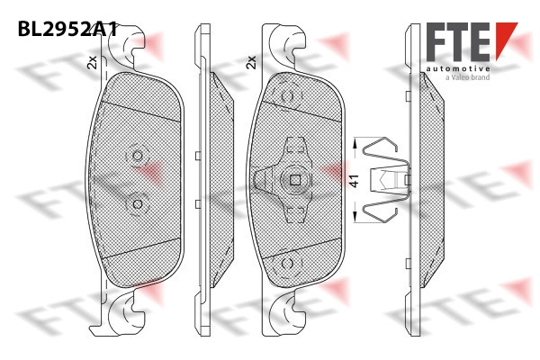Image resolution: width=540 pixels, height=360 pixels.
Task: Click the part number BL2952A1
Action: coord(67,29)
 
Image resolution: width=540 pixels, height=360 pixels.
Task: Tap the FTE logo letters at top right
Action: coord(458,42)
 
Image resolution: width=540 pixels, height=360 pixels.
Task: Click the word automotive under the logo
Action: coord(458,69)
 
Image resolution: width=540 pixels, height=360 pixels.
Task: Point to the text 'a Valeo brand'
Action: coord(468,77)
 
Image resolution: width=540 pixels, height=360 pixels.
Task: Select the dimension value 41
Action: coord(355,181)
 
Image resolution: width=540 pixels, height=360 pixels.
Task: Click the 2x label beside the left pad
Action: coord(93,62)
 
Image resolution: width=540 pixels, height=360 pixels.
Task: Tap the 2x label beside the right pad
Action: coord(251,62)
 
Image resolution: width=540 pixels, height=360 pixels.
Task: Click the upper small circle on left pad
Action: coord(138,156)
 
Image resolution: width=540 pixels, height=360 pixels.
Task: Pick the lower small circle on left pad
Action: coord(138,204)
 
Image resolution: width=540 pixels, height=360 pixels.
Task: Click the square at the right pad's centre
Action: coord(295,180)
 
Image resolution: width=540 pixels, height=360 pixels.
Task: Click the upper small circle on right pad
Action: coord(287,96)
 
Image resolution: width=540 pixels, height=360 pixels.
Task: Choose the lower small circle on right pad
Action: coord(287,264)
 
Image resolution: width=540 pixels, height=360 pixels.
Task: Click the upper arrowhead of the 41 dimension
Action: coord(355,144)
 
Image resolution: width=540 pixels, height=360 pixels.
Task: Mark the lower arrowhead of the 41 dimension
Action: coord(355,217)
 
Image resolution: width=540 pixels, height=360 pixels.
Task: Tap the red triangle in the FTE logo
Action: coord(506,40)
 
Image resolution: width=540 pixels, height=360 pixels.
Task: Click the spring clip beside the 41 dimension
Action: coord(386,180)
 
